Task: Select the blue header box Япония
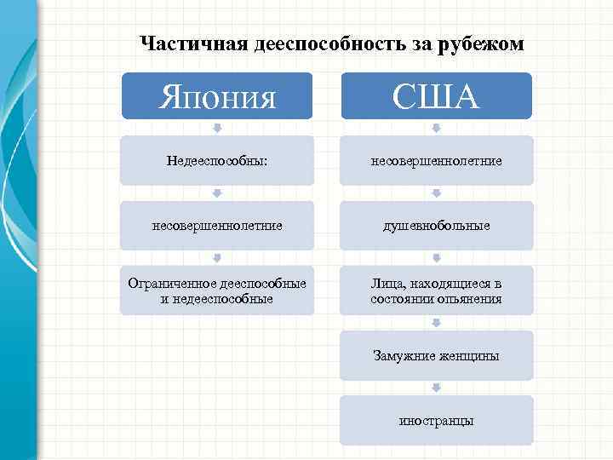point(217,95)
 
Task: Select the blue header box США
point(436,95)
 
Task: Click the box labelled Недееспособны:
point(217,160)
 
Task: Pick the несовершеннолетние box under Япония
point(217,226)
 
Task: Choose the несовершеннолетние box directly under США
point(436,160)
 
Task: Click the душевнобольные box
point(436,226)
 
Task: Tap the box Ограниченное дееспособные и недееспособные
point(217,290)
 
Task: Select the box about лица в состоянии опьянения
point(436,290)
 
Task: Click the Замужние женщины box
point(436,355)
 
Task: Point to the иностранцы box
point(436,420)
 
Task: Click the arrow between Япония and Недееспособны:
point(217,128)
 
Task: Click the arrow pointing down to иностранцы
point(436,388)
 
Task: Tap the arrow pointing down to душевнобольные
point(436,193)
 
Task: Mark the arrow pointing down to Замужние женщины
point(436,323)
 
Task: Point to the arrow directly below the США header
point(436,128)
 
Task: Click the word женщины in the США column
point(467,355)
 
